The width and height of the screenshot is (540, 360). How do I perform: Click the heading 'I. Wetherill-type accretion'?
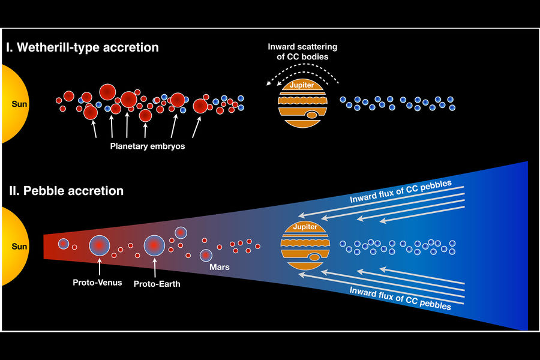tap(82, 47)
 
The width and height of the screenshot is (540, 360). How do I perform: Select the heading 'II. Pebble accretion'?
tap(66, 191)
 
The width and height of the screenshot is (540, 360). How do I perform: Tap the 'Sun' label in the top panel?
tap(19, 104)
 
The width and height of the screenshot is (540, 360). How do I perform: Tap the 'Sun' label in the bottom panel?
tap(19, 247)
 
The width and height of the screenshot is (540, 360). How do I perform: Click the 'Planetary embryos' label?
tap(148, 146)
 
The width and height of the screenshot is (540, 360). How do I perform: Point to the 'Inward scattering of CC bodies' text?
tap(302, 52)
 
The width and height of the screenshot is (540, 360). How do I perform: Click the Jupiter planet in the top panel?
tap(302, 103)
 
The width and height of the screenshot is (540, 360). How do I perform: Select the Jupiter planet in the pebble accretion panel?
tap(305, 245)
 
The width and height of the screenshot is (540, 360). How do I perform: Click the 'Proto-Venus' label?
tap(97, 283)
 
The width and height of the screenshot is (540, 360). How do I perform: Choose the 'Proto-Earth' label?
tap(157, 284)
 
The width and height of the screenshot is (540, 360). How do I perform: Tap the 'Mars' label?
tap(220, 267)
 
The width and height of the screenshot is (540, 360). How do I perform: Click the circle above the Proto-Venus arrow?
tap(100, 245)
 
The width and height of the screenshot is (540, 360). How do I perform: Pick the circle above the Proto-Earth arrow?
tap(154, 245)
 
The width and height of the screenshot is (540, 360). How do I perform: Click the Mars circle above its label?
tap(206, 255)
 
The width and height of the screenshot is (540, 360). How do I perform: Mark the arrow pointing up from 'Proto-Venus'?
tap(100, 266)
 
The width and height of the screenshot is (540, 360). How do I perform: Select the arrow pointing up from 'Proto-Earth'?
tap(155, 268)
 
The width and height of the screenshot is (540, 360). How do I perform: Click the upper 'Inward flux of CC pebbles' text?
tap(401, 191)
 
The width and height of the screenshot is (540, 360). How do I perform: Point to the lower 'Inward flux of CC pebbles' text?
tap(400, 298)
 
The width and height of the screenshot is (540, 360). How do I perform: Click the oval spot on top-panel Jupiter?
tap(311, 115)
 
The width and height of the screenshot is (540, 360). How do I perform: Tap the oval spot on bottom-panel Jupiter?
tap(314, 257)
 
